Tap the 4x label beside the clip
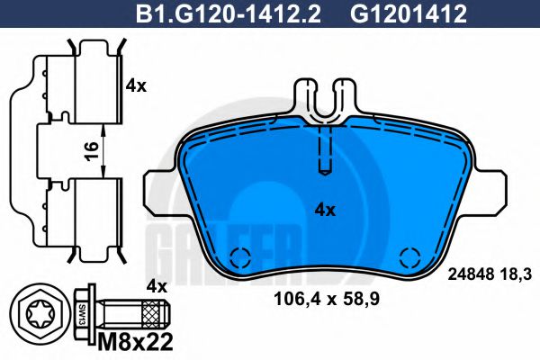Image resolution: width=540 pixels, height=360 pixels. [136, 86]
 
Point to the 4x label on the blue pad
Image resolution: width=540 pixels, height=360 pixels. [324, 210]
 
